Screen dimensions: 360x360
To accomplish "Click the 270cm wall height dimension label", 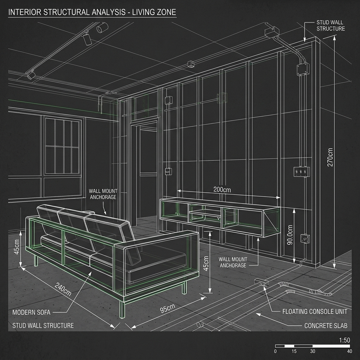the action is [x=330, y=157].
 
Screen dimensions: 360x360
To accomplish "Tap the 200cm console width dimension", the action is [x=222, y=189].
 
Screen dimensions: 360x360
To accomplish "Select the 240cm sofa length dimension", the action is [x=63, y=289].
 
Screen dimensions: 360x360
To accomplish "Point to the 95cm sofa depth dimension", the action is [x=168, y=308].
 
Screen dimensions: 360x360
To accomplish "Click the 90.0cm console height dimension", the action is [x=290, y=234].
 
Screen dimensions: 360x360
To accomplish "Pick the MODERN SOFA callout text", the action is [x=31, y=312].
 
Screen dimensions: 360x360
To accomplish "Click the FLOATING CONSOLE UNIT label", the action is [x=315, y=311].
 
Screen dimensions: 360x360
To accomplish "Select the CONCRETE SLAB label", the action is [x=326, y=326].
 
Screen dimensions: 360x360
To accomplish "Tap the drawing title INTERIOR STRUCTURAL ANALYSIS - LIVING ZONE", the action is [x=92, y=12].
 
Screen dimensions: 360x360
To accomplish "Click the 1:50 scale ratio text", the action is [x=345, y=340].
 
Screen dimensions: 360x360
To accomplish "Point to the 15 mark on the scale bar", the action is [x=294, y=351].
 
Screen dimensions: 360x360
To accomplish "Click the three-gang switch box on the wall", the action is [x=301, y=172].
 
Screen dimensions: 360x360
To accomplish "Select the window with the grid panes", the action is [x=62, y=146].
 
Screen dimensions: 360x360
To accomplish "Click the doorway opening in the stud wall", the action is [x=148, y=172].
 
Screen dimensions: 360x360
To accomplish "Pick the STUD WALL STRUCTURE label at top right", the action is [x=330, y=25].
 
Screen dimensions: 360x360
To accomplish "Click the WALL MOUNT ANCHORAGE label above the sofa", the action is [x=103, y=194].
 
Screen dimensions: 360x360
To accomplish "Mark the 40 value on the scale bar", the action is [x=349, y=351].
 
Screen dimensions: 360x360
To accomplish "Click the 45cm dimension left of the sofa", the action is [x=17, y=247].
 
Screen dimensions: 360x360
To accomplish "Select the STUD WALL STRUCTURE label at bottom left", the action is [x=43, y=326].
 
